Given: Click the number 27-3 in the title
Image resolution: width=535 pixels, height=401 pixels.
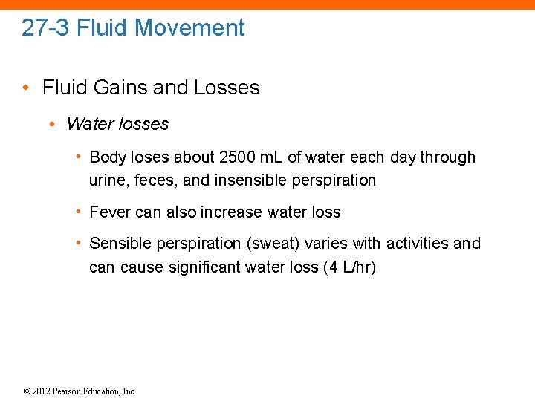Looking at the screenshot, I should (x=46, y=28).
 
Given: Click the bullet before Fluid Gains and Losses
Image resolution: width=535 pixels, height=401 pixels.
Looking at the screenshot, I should (x=26, y=88).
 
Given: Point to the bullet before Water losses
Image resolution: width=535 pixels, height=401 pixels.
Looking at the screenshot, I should (x=53, y=124).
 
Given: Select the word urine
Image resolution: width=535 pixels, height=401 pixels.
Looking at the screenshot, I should (x=106, y=180).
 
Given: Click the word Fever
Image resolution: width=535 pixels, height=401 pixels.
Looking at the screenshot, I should (x=110, y=212).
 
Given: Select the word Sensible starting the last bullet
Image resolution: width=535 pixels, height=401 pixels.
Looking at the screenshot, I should (x=120, y=244).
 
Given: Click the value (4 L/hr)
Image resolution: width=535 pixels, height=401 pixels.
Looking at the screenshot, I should (x=350, y=267).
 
